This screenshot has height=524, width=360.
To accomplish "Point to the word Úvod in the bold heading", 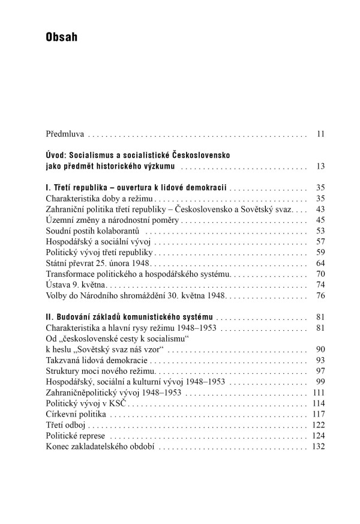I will [x=56, y=155].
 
